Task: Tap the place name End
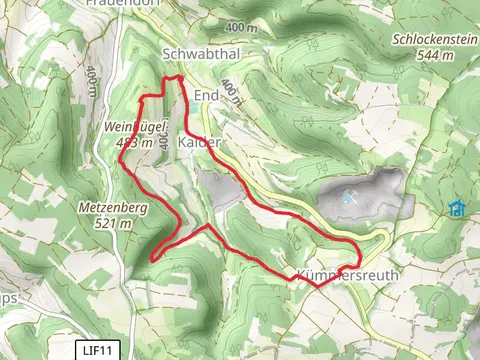click(x=206, y=95)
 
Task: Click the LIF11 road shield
click(x=97, y=349)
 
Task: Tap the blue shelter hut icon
click(x=457, y=208)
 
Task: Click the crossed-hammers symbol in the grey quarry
click(x=348, y=198)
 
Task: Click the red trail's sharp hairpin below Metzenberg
click(x=151, y=258)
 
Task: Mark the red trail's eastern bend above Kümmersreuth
click(x=359, y=246)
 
